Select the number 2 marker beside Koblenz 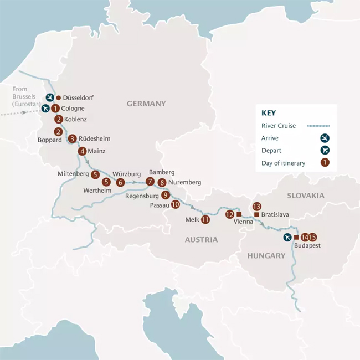click(x=58, y=119)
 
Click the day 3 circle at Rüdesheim click(x=72, y=138)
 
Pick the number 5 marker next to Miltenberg click(x=95, y=174)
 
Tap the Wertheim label click(x=98, y=191)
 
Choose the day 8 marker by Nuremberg click(x=162, y=182)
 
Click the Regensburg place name click(x=143, y=196)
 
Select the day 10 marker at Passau click(x=176, y=204)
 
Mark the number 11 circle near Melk click(x=205, y=219)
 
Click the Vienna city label click(x=244, y=222)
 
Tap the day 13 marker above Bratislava click(x=256, y=207)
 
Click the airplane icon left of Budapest click(x=287, y=237)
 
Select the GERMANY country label click(x=146, y=104)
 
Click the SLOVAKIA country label click(x=305, y=196)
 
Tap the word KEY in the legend click(x=268, y=112)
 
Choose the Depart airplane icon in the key click(x=325, y=150)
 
